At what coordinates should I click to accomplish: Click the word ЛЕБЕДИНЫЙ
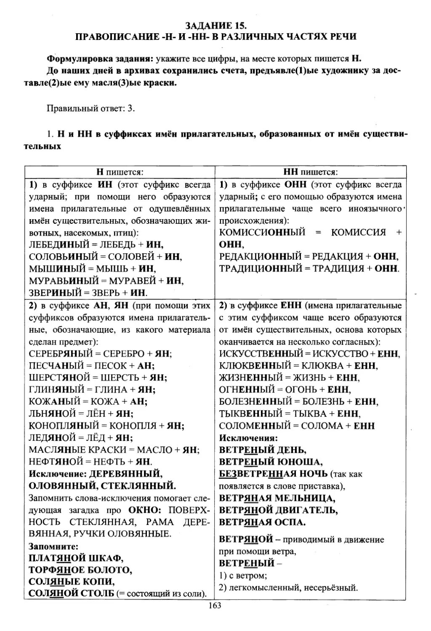(x=59, y=244)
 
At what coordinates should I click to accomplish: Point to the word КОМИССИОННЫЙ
(x=262, y=232)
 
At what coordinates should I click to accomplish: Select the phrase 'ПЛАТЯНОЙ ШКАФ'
(x=76, y=558)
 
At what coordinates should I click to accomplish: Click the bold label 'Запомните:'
(x=53, y=546)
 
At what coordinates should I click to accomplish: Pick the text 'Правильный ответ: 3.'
(x=90, y=108)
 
